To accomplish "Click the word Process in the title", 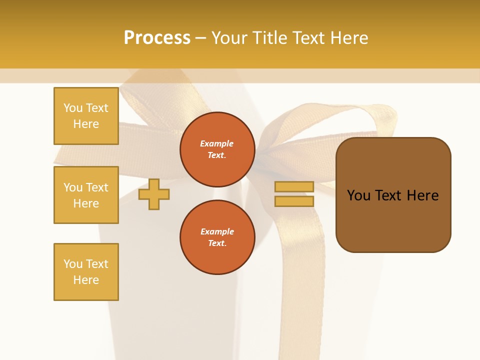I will [157, 38].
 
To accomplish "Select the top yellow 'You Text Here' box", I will [86, 116].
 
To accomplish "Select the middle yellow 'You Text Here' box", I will [86, 195].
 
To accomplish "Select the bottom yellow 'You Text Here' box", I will [86, 272].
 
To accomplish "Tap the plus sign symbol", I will [153, 194].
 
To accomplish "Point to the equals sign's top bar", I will [294, 186].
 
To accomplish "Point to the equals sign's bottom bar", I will [294, 201].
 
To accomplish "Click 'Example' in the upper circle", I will [217, 143].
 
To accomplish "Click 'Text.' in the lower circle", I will [217, 243].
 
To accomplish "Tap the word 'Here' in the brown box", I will [422, 195].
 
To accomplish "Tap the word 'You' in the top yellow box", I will [73, 108].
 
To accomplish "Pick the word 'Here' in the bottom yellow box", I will [86, 280].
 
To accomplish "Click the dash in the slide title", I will [200, 38].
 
